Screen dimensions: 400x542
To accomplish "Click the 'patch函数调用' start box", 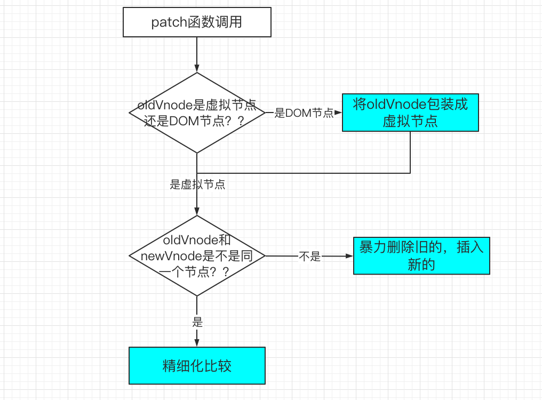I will (197, 23).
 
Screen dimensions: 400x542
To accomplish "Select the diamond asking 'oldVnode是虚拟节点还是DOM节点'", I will (197, 113).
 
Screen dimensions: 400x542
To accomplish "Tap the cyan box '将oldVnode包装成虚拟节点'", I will (410, 113).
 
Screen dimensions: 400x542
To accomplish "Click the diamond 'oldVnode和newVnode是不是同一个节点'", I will (197, 256).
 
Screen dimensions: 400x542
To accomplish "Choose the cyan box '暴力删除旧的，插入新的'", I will (421, 256).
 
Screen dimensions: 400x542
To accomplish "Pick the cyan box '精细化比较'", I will (197, 365).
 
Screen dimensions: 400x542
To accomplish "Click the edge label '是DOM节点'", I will (304, 113).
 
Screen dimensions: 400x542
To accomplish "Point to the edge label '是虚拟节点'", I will (197, 185).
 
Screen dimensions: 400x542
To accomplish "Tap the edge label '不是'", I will (309, 257).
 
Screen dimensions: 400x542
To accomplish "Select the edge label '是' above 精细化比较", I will (197, 323).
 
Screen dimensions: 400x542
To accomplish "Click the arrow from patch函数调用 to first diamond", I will (197, 53).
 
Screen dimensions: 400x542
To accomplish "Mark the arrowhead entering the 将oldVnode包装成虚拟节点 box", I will (338, 113).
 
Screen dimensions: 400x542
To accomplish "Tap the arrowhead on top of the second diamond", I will (197, 211).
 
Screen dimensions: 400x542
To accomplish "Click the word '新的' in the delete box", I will (421, 265).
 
